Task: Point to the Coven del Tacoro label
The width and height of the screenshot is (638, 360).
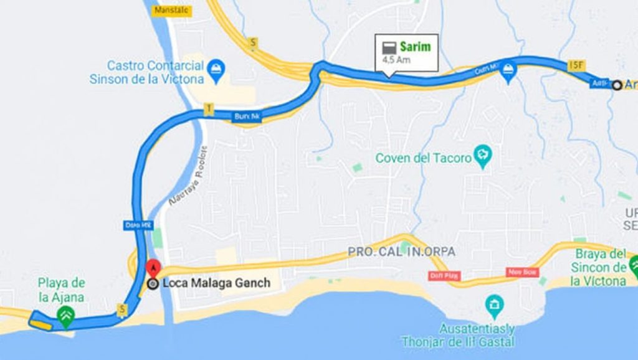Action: tap(423, 158)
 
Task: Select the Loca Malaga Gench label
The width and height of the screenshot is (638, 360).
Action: tap(216, 283)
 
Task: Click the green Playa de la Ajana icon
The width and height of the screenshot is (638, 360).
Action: tap(65, 316)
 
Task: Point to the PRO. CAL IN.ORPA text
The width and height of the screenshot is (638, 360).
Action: tap(401, 252)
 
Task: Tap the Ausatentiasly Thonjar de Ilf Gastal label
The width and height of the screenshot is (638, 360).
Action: tap(459, 335)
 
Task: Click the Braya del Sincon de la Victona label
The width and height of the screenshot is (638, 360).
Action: tap(599, 267)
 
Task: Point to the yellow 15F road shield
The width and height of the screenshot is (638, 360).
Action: tap(576, 65)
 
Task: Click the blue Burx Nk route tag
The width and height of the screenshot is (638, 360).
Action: tap(246, 116)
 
